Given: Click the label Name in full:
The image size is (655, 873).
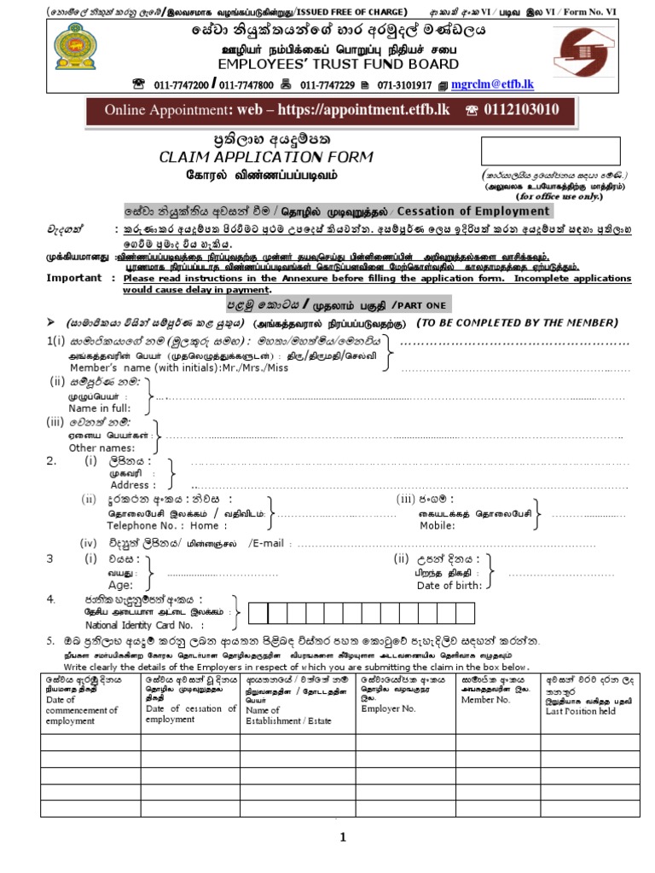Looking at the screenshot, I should pos(99,408).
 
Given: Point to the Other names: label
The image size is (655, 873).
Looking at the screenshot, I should pos(101,448).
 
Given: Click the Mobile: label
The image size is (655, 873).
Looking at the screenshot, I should pos(436,526).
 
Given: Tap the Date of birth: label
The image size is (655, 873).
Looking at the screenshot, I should pos(449,585).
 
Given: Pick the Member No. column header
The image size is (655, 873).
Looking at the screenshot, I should pos(484,699).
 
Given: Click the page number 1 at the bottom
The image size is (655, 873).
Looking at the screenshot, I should pos(343,837).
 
